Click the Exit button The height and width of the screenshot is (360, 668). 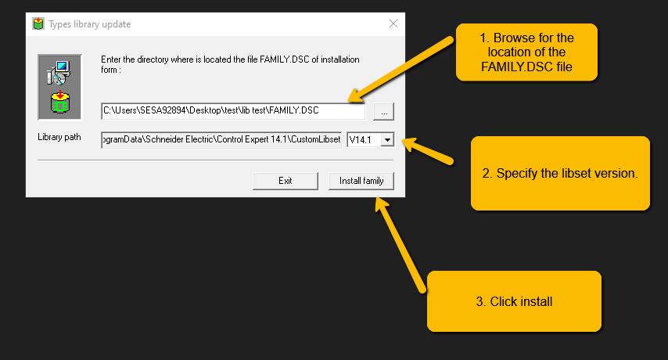point(285,181)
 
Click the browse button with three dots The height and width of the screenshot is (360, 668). point(384,112)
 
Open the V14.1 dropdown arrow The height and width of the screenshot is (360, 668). point(387,140)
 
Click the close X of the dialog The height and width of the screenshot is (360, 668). point(393,23)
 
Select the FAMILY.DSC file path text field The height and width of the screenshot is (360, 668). point(233,111)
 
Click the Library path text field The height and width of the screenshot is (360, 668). point(221,140)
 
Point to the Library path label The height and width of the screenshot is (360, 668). point(59,137)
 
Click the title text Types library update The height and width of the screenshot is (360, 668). point(89,24)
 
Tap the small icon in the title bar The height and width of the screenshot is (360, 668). point(38,23)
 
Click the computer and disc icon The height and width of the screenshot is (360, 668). point(59,73)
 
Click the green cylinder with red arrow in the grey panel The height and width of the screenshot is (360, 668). point(60,103)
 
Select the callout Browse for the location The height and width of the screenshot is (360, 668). point(526,52)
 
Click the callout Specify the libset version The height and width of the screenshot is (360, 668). point(560,173)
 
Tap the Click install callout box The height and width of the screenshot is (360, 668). point(514,301)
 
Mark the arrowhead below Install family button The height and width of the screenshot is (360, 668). point(381,204)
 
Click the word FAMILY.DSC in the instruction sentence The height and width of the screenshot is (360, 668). point(284,59)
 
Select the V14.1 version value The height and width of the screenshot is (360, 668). point(360,140)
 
